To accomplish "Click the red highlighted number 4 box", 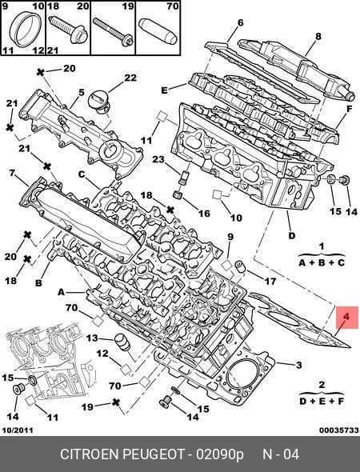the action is pos(347,318).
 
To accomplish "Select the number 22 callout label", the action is pos(130,78).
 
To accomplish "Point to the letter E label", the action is pos(164,90).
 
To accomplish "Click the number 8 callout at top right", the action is pos(240,22).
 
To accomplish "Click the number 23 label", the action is pos(158,159).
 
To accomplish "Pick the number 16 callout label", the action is pos(204,213).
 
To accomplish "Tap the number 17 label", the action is pos(270,281).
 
